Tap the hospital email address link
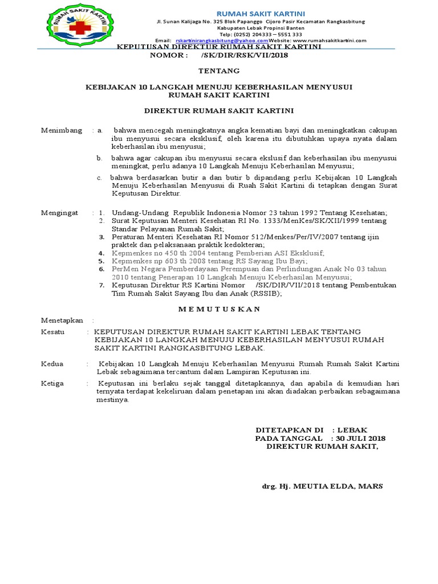tap(222, 40)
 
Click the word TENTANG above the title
tap(219, 71)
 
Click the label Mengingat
tap(59, 212)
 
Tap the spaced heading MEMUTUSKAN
tap(219, 309)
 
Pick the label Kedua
tap(52, 363)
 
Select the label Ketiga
tap(52, 383)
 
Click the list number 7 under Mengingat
tap(102, 284)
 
